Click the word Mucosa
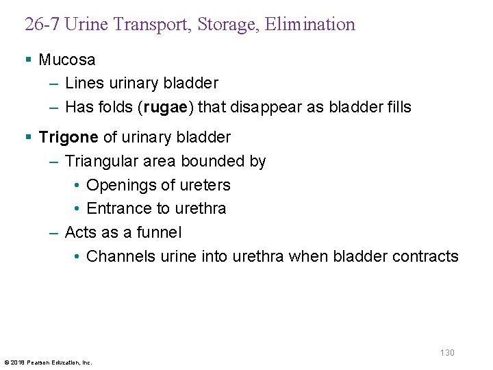67,60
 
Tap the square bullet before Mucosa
28,60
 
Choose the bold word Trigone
68,137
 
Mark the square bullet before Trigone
28,137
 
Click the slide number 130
447,352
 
